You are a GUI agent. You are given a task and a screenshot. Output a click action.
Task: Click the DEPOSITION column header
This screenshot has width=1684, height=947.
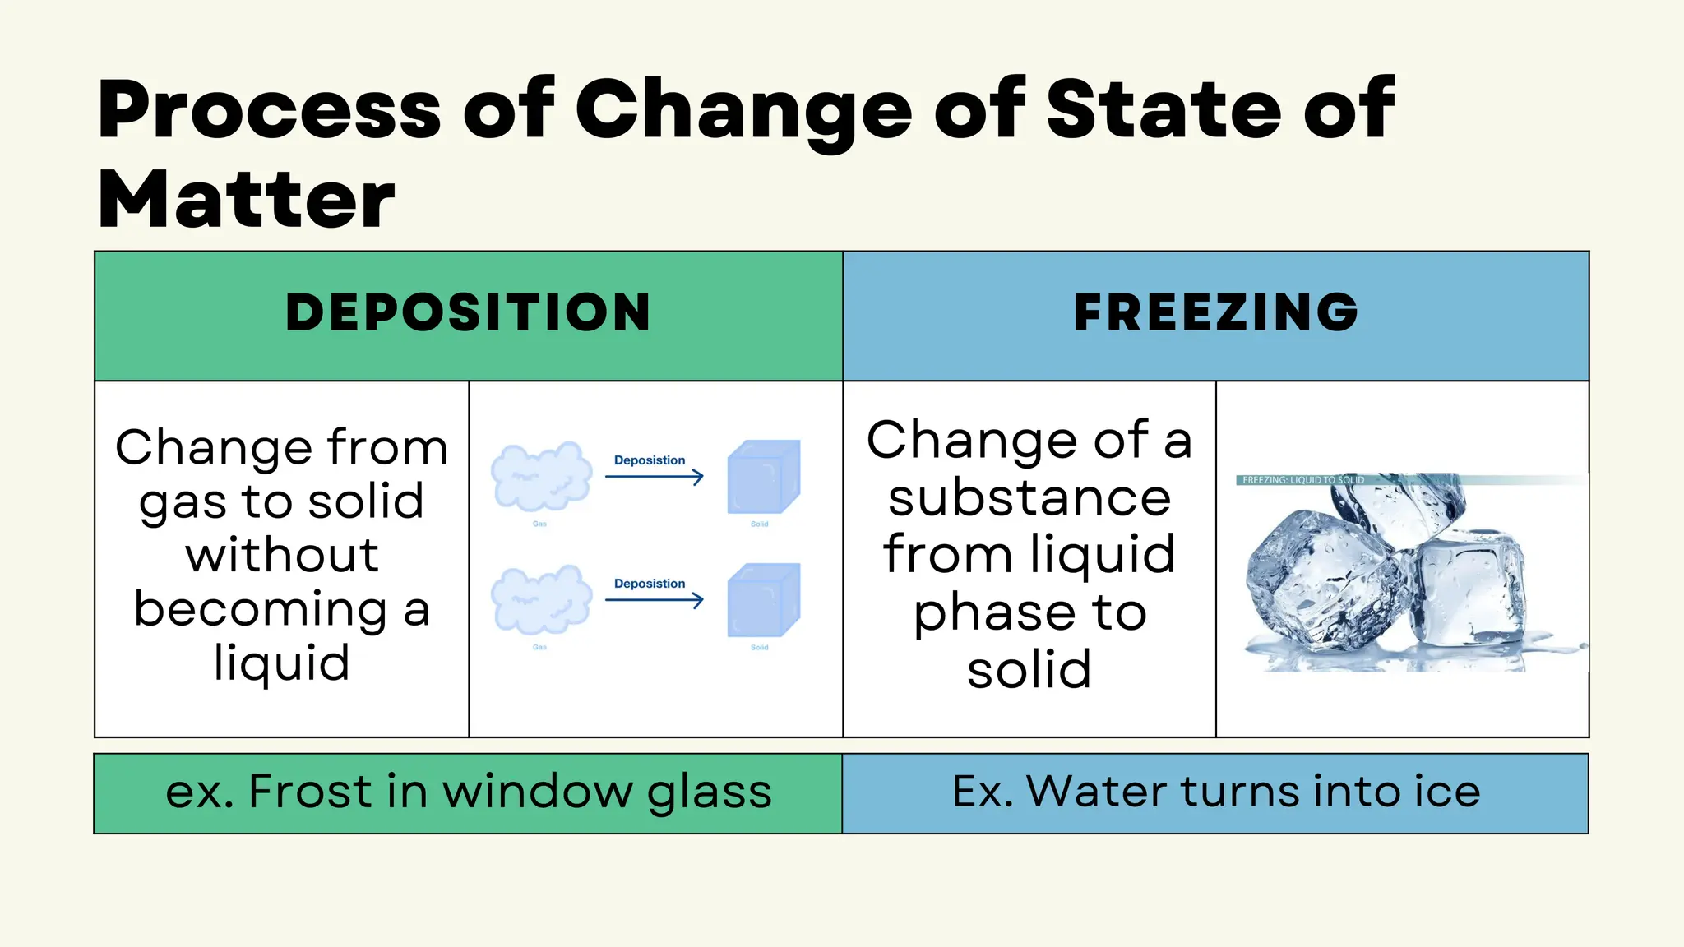coord(468,313)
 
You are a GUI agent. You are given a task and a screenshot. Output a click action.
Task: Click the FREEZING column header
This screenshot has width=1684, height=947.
coord(1215,313)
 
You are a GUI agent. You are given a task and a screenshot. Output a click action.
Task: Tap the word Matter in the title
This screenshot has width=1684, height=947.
coord(247,200)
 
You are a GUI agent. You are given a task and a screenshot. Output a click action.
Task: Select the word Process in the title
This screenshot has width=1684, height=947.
coord(270,109)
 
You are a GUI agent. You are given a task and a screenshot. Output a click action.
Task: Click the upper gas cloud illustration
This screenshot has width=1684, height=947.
coord(541,477)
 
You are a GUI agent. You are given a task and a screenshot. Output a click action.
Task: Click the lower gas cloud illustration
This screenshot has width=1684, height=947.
coord(541,600)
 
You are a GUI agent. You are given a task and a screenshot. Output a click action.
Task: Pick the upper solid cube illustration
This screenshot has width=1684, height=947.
coord(763,477)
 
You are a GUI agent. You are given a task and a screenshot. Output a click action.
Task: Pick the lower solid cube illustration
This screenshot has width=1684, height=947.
coord(763,600)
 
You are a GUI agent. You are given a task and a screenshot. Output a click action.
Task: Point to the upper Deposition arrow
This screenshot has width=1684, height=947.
coord(655,477)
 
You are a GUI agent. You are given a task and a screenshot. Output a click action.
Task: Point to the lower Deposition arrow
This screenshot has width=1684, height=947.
coord(655,600)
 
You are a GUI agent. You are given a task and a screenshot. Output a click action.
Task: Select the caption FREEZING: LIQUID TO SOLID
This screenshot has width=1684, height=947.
coord(1302,480)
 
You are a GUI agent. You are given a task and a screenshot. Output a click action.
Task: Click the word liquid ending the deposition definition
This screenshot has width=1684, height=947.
coord(282,663)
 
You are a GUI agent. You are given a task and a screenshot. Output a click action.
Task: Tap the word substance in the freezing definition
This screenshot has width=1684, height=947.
coord(1029,498)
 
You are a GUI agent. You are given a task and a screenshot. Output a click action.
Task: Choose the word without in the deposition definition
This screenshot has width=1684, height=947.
coord(282,555)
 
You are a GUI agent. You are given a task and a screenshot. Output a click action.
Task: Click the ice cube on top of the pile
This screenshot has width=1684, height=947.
coord(1398,510)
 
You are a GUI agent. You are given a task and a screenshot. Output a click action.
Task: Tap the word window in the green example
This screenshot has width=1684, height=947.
coord(537,792)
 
